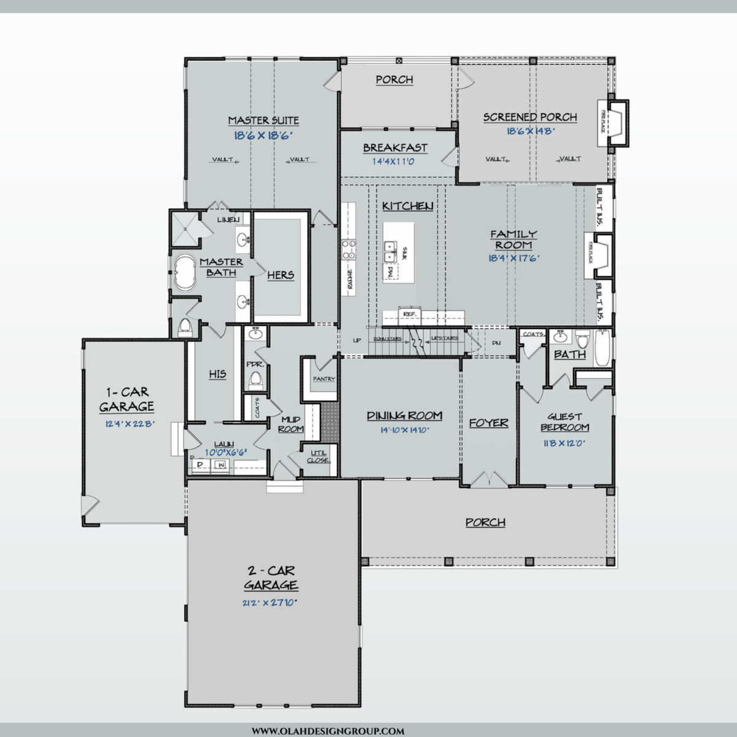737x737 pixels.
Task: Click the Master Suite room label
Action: click(263, 120)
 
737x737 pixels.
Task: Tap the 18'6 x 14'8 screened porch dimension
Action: click(531, 131)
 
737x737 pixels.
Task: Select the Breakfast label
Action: click(394, 148)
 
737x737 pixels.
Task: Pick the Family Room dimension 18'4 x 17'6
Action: click(513, 259)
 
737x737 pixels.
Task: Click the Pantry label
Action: click(324, 379)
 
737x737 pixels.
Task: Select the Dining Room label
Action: click(404, 416)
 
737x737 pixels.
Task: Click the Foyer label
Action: click(488, 423)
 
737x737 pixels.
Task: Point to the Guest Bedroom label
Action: click(564, 422)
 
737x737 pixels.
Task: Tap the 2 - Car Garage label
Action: click(271, 578)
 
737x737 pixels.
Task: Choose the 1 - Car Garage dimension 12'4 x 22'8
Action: click(127, 423)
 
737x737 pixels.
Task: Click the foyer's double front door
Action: click(488, 480)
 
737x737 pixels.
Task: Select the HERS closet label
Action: click(281, 275)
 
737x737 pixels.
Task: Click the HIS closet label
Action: click(217, 374)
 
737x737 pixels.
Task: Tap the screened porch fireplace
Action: click(616, 123)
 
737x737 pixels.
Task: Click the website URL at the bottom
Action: click(328, 731)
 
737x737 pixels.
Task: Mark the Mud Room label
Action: click(291, 424)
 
